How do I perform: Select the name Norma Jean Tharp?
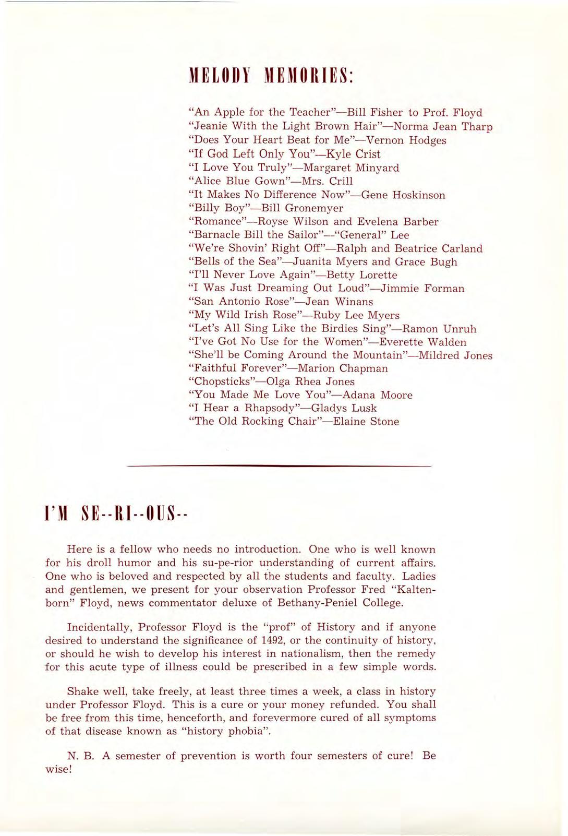tap(442, 126)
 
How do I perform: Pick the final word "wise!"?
tap(58, 769)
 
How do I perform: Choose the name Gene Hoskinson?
tap(403, 195)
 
